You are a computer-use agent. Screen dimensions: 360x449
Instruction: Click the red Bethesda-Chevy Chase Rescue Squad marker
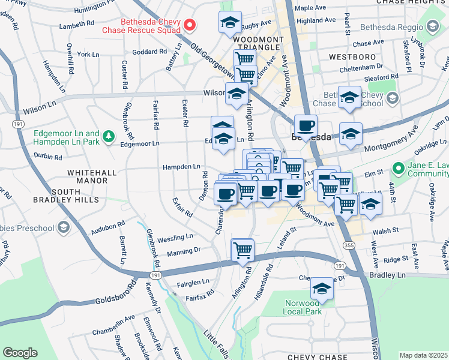190,25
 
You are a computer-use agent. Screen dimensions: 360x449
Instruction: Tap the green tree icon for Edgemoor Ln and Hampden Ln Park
109,137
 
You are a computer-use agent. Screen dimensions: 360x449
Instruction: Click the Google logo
20,353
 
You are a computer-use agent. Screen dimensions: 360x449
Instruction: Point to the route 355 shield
348,245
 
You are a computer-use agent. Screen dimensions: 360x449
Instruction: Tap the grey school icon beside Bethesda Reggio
432,26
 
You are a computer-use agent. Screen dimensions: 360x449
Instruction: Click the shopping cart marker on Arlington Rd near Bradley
243,249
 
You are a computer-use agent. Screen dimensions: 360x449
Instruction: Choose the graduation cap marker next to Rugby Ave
229,22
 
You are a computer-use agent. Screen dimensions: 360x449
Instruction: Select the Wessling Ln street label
175,237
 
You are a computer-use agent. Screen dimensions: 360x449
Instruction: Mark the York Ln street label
88,54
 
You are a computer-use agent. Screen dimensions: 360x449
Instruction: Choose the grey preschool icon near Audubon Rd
63,227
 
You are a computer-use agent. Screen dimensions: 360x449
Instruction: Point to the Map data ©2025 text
424,355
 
